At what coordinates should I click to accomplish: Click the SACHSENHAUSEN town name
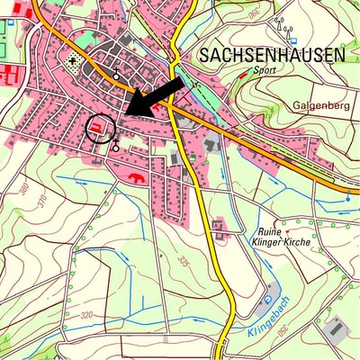271,55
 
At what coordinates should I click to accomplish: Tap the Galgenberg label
319,104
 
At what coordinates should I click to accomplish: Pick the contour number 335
184,262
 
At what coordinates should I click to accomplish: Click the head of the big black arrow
127,111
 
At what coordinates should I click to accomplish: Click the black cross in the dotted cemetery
72,62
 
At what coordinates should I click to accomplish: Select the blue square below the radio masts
292,40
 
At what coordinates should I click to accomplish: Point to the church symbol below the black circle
116,144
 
